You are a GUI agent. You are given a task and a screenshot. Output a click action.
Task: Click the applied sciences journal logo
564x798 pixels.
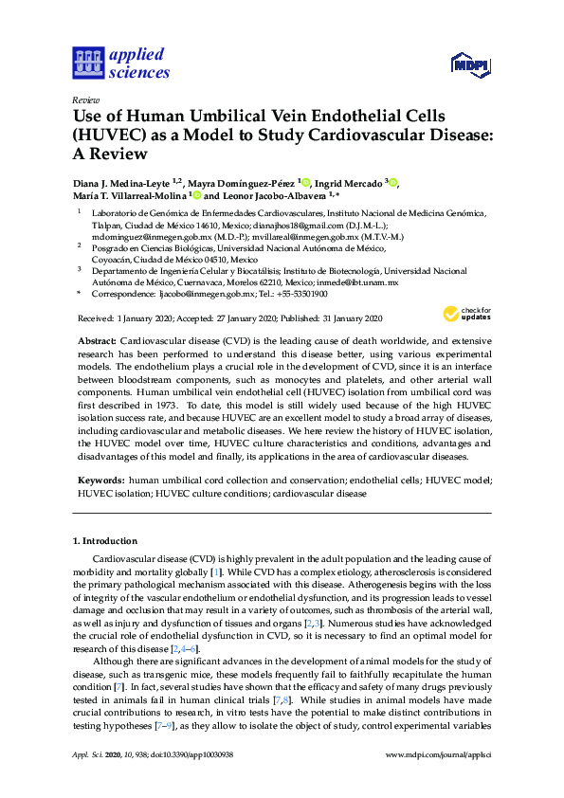tap(120, 63)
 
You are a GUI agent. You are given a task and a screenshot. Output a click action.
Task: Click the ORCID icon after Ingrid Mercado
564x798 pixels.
tap(392, 182)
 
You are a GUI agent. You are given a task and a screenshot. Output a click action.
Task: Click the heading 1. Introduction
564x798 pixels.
tap(105, 541)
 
